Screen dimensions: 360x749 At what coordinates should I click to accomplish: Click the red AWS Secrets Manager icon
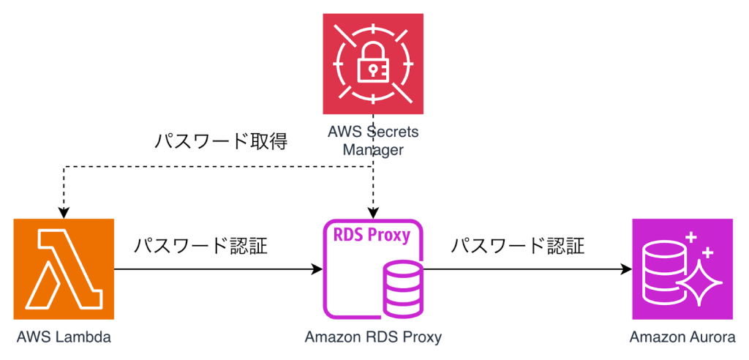pyautogui.click(x=373, y=64)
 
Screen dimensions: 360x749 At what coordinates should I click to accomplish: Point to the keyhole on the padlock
pyautogui.click(x=373, y=71)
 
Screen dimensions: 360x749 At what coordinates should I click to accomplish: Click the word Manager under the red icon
pyautogui.click(x=373, y=151)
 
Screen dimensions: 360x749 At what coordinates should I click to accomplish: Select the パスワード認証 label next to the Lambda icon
pyautogui.click(x=200, y=246)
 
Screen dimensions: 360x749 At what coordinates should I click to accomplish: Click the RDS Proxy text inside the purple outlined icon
pyautogui.click(x=372, y=236)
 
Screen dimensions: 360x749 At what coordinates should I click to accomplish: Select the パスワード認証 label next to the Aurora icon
pyautogui.click(x=517, y=246)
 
